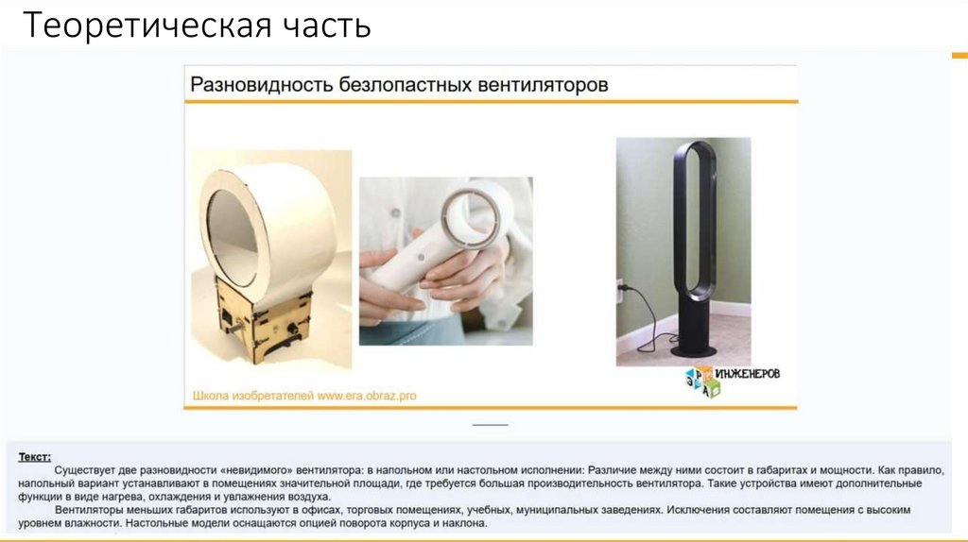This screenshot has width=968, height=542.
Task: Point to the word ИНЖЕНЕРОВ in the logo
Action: click(748, 374)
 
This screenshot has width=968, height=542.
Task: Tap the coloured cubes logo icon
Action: click(700, 382)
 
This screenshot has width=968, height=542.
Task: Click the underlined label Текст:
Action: click(35, 457)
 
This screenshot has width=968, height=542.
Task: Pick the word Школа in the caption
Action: click(211, 396)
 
